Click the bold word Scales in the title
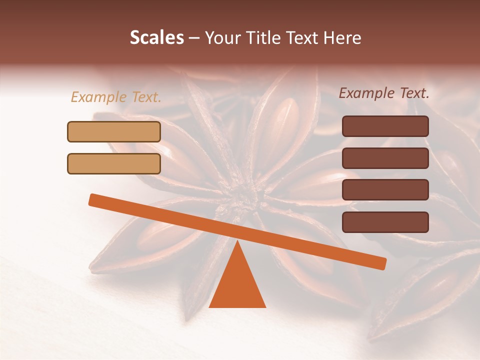tap(156, 37)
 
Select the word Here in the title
tap(342, 37)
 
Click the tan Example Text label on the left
tap(116, 97)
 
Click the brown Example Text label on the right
tap(384, 93)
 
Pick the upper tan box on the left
tap(114, 131)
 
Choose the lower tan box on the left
tap(114, 163)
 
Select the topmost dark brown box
tap(385, 126)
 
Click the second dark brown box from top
tap(385, 158)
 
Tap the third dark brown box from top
tap(385, 190)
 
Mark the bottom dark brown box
tap(385, 222)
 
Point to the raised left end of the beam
tap(93, 199)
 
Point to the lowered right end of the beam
tap(382, 263)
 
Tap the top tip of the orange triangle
tap(237, 241)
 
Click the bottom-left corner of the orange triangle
tap(210, 306)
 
